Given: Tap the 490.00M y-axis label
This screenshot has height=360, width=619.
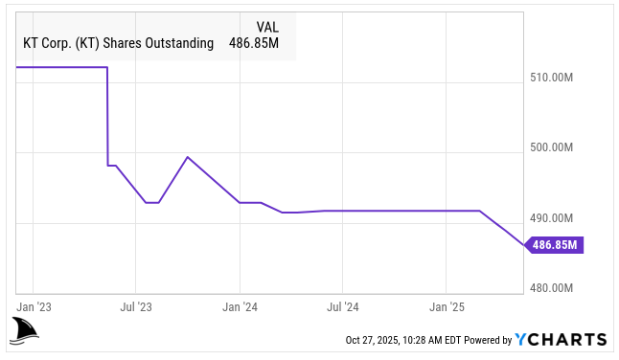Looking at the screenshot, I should (551, 217).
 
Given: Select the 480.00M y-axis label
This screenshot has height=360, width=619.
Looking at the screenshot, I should (551, 288).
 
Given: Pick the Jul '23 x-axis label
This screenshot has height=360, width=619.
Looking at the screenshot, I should (135, 307).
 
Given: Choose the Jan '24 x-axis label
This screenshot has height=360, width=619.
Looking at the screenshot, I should (240, 307).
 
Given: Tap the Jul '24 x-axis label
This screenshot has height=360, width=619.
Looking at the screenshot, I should (343, 307).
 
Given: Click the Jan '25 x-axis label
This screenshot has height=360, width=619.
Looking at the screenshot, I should (447, 307).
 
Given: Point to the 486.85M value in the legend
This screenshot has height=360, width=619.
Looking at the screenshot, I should (253, 42).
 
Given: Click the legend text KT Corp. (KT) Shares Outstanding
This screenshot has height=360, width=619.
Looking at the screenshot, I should (118, 42).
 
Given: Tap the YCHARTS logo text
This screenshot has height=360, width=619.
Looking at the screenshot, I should (561, 339).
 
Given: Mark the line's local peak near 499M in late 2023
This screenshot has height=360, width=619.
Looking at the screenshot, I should (187, 157).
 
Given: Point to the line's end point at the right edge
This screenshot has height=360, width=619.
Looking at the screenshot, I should (526, 245).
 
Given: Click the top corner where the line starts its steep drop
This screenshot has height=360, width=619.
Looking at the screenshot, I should (106, 68).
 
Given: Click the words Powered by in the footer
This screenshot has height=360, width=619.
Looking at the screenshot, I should (488, 340).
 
